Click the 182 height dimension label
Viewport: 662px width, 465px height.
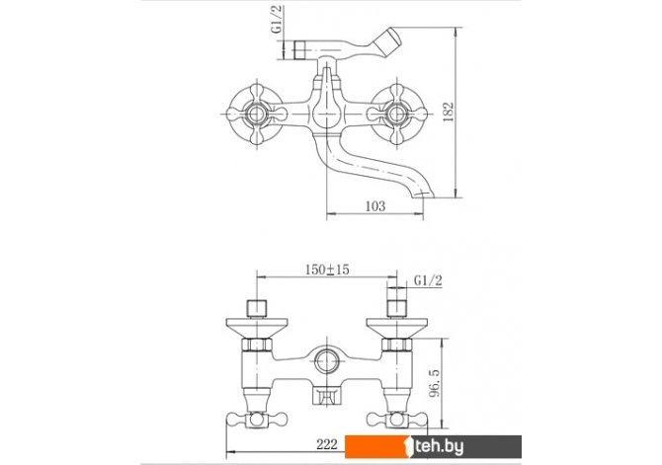click(x=450, y=112)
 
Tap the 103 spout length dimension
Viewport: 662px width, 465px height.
click(x=375, y=206)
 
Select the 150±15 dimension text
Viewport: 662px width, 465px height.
click(x=327, y=270)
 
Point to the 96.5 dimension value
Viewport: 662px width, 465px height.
click(x=435, y=383)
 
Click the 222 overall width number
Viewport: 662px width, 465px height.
click(x=327, y=444)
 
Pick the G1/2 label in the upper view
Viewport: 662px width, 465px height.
click(x=278, y=20)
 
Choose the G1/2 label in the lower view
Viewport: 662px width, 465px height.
click(x=428, y=280)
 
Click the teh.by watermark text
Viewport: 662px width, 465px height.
click(x=439, y=446)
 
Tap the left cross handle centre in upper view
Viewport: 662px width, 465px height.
click(x=257, y=114)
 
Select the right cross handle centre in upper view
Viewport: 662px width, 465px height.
click(x=397, y=114)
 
